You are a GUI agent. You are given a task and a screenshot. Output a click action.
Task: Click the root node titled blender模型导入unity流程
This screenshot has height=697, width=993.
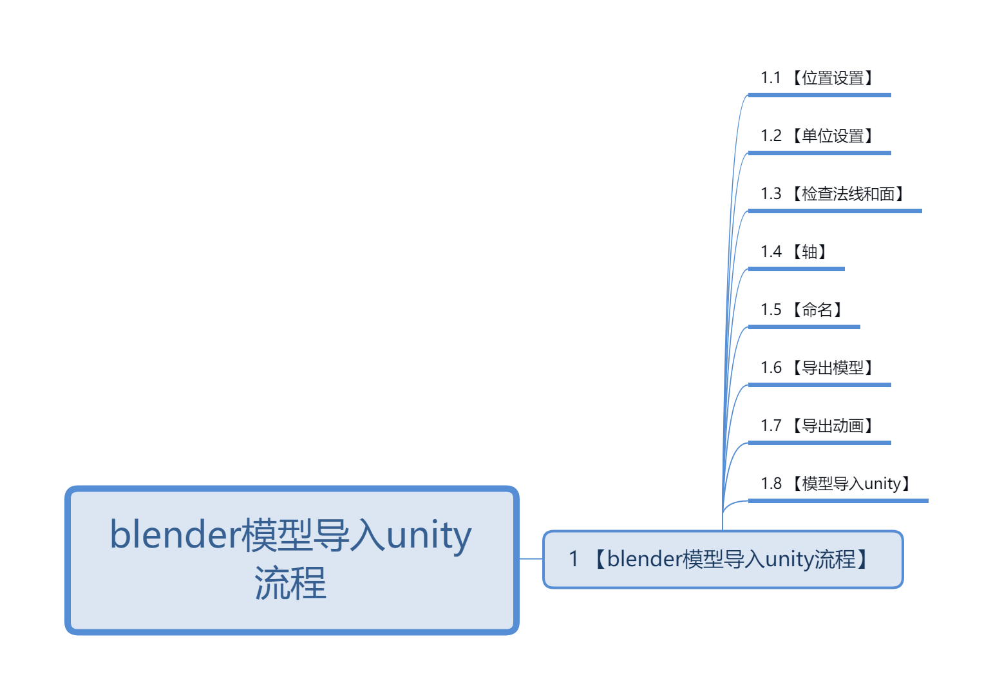point(292,560)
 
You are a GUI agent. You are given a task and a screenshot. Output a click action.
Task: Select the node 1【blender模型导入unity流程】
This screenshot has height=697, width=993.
point(723,559)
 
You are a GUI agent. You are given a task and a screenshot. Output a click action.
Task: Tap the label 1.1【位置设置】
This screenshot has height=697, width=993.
point(818,79)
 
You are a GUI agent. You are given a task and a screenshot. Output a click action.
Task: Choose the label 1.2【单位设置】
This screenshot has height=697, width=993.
point(818,137)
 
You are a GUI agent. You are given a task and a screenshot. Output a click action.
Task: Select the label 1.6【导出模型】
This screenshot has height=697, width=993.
point(818,368)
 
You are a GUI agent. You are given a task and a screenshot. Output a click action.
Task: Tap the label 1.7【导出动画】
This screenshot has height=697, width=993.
point(818,426)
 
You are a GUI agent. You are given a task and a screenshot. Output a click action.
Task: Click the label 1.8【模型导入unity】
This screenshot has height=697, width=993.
point(837,484)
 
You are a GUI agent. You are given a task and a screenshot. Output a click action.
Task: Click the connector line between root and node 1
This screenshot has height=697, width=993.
point(531,559)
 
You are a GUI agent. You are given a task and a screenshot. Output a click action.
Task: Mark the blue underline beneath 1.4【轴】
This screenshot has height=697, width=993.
point(796,269)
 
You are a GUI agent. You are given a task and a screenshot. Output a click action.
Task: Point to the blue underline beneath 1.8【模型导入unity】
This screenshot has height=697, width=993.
point(838,501)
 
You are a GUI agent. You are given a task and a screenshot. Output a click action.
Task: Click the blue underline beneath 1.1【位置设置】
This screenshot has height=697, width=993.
point(819,95)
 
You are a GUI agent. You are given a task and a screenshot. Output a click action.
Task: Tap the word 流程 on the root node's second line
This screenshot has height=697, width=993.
point(290,584)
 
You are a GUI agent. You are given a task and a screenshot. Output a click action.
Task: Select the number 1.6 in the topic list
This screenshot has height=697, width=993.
point(771,368)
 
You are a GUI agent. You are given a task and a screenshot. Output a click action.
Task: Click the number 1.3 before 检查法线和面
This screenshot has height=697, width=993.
point(771,195)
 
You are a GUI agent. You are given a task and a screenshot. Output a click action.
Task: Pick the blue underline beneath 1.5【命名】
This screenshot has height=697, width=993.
point(804,327)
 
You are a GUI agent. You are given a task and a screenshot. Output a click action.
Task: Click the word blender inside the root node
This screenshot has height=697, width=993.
point(175,535)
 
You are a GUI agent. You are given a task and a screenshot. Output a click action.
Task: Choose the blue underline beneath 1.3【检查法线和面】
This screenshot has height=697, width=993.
point(835,211)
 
